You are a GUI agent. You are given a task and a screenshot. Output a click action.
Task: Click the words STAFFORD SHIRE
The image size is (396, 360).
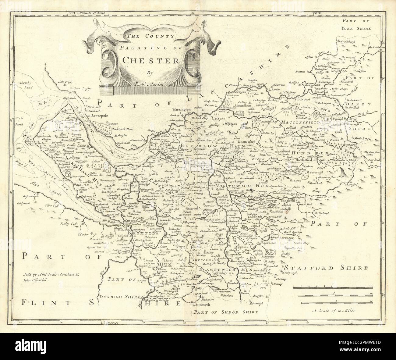pyautogui.click(x=327, y=268)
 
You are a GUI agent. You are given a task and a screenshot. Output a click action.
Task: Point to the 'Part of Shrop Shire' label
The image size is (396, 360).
pyautogui.click(x=225, y=312)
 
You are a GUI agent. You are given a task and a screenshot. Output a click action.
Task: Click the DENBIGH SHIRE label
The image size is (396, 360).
pyautogui.click(x=118, y=297)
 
